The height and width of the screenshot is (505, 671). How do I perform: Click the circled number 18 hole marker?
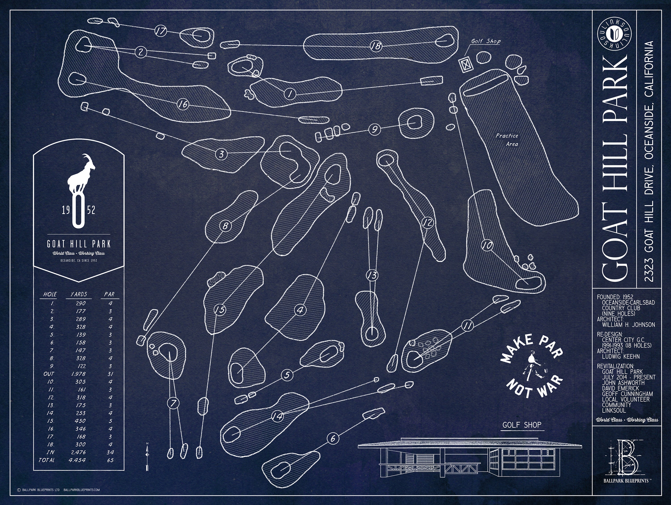376,46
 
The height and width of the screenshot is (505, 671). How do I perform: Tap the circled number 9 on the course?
375,130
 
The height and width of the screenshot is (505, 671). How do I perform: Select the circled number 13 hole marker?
372,275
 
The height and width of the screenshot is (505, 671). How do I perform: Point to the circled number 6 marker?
333,438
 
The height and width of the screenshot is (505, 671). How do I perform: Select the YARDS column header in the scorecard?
79,294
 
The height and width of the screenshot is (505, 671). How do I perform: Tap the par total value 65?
110,460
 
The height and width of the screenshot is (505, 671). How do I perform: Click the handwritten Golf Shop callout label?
486,41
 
